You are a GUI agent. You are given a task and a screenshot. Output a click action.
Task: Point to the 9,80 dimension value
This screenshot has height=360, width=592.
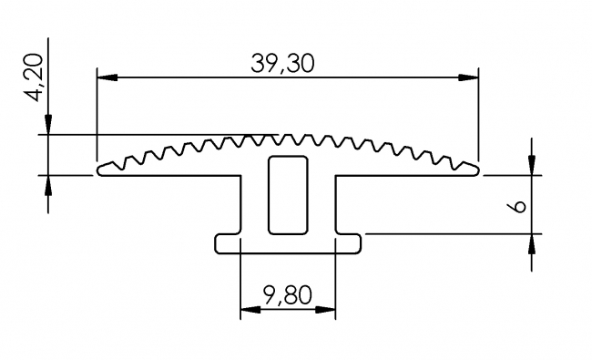click(x=287, y=295)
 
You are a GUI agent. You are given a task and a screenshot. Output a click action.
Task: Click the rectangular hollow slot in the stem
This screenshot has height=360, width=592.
click(x=287, y=192)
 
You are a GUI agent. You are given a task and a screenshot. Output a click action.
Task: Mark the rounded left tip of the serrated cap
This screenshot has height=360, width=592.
click(x=101, y=169)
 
